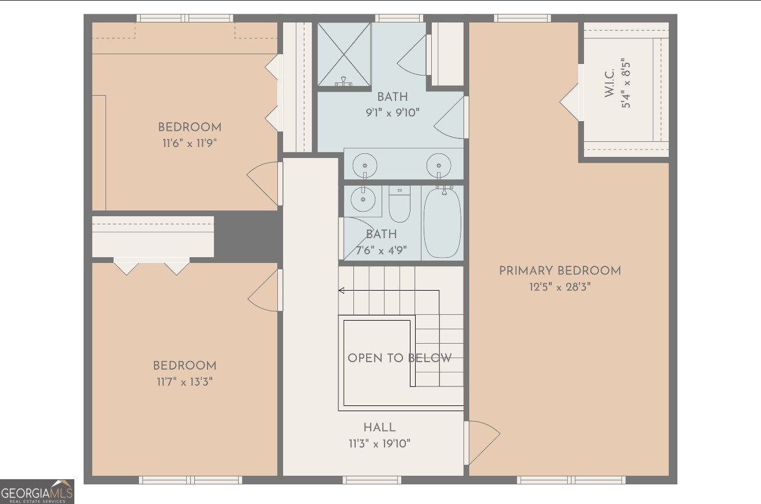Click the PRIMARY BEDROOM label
coord(560,271)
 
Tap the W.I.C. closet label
coord(610,83)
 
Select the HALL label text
coord(379,427)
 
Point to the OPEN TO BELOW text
coord(400,358)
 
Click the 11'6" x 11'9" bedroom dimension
coord(190,143)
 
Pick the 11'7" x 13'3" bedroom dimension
coord(185,382)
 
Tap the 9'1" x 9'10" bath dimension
coord(393,112)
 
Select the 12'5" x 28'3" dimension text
coord(560,287)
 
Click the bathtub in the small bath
coord(442,223)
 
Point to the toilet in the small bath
coord(400,204)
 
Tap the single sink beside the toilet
coord(363,199)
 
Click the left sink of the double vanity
coord(364,166)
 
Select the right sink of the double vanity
coord(439,166)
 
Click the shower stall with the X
coord(344,54)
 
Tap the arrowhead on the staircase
coord(341,290)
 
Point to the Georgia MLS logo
coord(37,492)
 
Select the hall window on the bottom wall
coord(372,480)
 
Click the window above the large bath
coord(399,18)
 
